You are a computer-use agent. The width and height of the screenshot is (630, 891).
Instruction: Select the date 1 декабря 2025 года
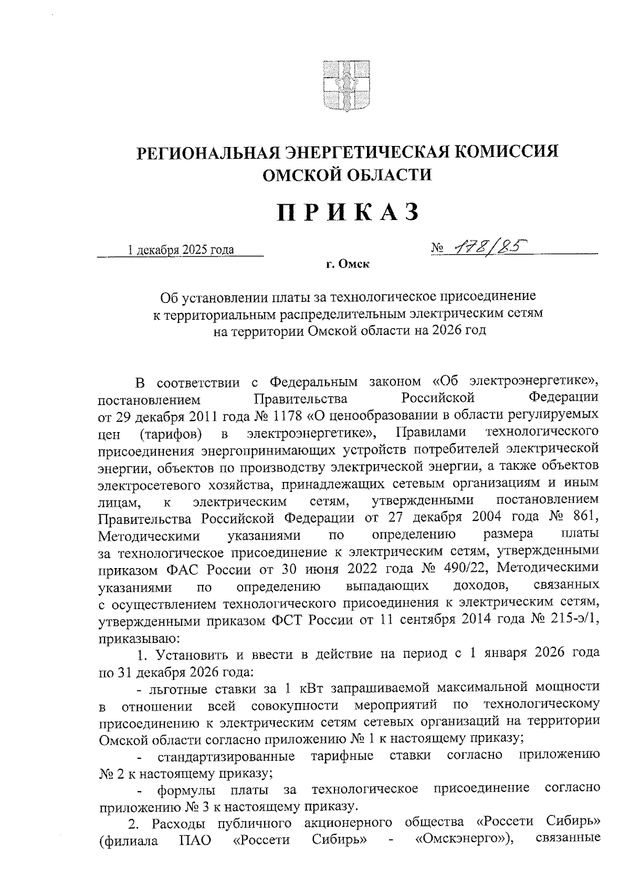(182, 250)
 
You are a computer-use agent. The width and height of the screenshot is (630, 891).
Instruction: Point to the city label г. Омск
(347, 265)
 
